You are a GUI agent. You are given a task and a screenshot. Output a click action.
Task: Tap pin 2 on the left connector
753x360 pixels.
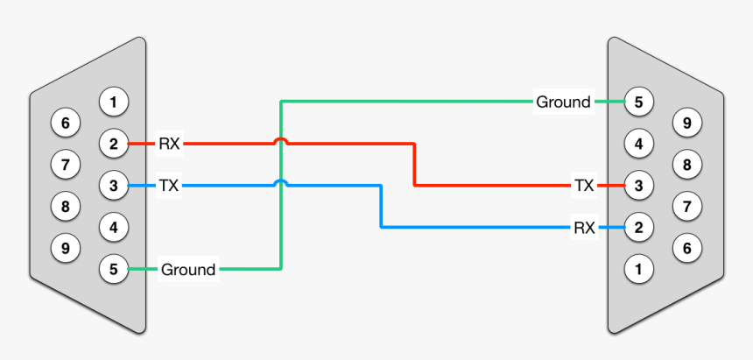[x=113, y=143]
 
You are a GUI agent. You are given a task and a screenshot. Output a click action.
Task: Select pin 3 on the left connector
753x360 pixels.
[x=113, y=185]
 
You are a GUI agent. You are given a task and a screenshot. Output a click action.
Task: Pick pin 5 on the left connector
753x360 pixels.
[x=113, y=268]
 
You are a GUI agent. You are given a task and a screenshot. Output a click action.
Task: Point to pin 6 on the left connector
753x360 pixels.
[x=65, y=123]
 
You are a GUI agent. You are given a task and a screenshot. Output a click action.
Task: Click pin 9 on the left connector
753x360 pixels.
[x=65, y=248]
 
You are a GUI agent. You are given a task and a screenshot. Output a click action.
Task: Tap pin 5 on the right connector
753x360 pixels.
[x=638, y=102]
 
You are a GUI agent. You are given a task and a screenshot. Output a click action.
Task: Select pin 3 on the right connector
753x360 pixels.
[x=638, y=185]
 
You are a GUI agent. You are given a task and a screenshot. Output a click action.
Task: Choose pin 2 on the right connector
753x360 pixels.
[x=638, y=227]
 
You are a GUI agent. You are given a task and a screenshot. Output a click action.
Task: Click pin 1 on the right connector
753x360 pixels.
[x=638, y=268]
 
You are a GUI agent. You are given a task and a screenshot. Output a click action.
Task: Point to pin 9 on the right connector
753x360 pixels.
[x=687, y=123]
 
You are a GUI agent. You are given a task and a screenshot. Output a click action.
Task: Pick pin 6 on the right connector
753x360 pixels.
[x=687, y=248]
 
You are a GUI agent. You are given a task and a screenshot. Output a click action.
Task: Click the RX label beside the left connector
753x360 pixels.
[x=169, y=143]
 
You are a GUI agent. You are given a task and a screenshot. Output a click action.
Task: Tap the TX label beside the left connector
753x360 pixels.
[x=169, y=185]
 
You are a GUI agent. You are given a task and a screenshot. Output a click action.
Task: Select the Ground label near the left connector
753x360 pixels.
[x=188, y=269]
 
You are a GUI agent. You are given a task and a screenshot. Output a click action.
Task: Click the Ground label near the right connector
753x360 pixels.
[x=563, y=102]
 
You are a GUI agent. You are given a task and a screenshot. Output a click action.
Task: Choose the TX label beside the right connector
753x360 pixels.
[x=584, y=185]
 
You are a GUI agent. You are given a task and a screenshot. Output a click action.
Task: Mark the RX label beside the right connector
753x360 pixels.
[x=584, y=227]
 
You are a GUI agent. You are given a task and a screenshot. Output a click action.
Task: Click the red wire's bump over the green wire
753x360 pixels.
[x=280, y=139]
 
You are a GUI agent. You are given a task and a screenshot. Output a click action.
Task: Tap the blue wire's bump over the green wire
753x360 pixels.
[x=280, y=181]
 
